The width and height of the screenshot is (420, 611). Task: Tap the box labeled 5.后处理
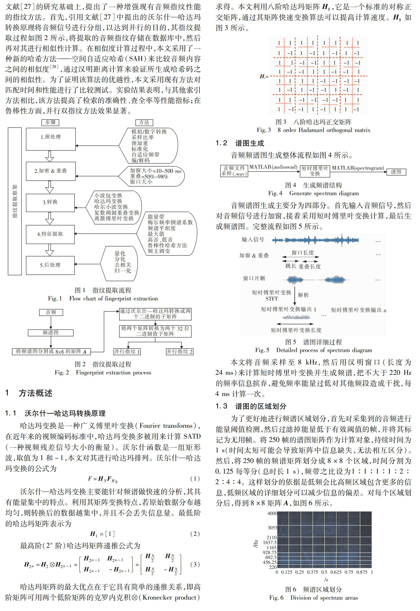pos(50,265)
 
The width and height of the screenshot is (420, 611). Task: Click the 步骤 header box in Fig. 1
pos(50,123)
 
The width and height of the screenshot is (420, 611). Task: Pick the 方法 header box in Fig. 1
pos(144,123)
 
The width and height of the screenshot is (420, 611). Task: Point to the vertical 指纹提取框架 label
pos(15,201)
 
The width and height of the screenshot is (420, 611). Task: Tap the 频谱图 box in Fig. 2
pos(51,333)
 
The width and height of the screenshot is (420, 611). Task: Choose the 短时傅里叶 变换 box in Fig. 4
pos(315,171)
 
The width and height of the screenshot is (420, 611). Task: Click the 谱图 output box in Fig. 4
pos(396,172)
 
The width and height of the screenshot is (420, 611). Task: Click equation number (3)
pos(195,564)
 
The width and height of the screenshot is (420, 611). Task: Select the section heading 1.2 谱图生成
pos(240,143)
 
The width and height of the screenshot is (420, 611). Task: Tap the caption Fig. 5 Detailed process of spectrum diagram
pos(313,350)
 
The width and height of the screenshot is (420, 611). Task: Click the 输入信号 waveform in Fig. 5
pos(315,240)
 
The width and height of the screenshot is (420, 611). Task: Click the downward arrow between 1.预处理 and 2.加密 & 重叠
pos(50,156)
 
